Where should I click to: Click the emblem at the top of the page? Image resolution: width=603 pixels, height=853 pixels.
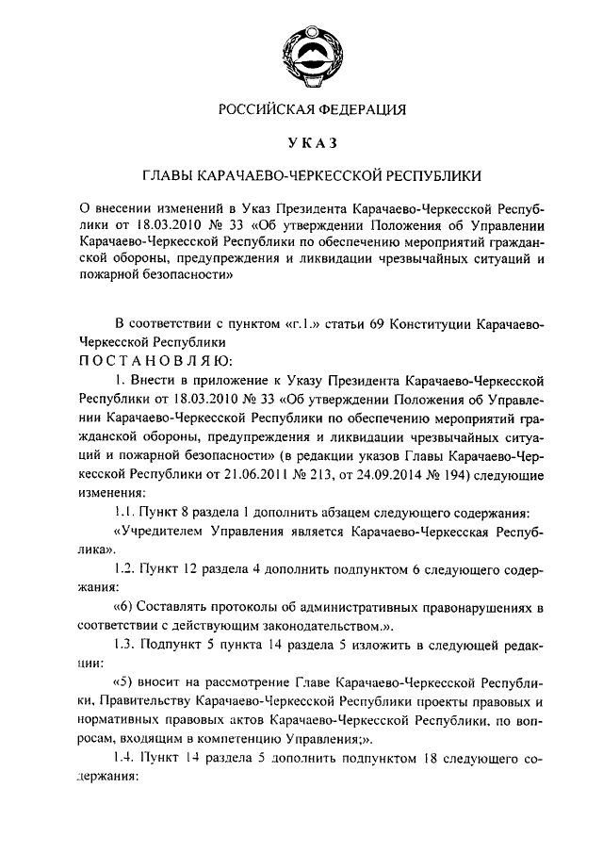pyautogui.click(x=301, y=50)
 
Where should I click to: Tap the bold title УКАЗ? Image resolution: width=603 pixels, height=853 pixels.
pyautogui.click(x=301, y=142)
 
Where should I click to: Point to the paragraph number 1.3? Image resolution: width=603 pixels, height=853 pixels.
pyautogui.click(x=123, y=645)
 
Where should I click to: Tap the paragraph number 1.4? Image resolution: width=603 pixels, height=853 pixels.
pyautogui.click(x=123, y=759)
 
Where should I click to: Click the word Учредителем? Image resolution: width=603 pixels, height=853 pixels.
pyautogui.click(x=161, y=532)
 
